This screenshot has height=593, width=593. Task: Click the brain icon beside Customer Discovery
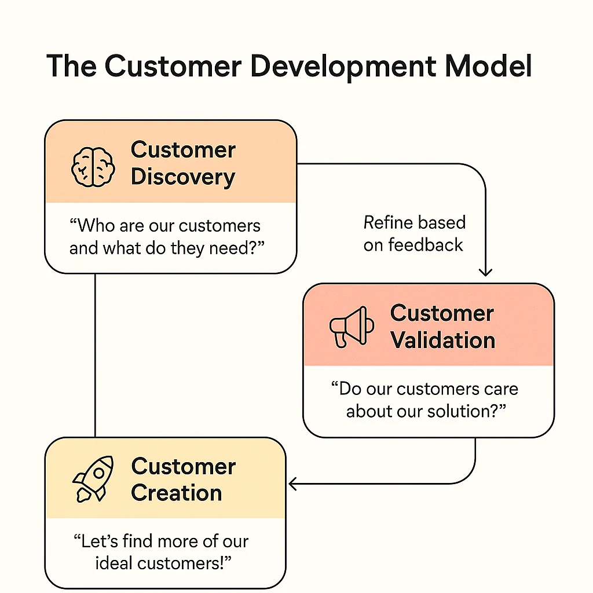point(93,167)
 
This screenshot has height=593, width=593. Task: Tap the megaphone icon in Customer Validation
point(352,327)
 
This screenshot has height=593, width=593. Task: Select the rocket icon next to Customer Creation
point(93,479)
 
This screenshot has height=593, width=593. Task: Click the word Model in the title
point(489,66)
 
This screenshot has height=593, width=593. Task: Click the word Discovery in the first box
point(183,177)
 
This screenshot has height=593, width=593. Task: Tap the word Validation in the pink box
point(443,340)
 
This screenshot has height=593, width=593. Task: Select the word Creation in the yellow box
point(177,493)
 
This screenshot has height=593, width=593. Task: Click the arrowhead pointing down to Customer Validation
point(485,272)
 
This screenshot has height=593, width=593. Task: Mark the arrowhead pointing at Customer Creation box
point(292,484)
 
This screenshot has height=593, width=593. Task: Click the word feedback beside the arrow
point(426,245)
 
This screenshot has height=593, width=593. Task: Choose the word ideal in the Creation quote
point(114,563)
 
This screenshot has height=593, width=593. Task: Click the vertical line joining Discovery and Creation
point(95,356)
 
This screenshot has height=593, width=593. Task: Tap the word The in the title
point(71,66)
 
